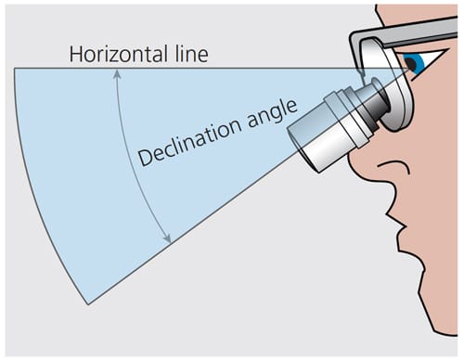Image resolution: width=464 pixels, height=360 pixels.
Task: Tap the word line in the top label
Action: point(192,54)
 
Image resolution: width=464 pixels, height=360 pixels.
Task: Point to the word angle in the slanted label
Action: point(272,114)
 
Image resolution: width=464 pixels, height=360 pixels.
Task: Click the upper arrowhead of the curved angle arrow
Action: point(117,73)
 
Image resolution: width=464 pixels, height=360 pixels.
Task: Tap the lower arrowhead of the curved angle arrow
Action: point(167,238)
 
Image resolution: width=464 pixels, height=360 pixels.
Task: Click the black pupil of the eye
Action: point(411,64)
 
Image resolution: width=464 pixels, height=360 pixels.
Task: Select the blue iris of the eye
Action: point(416,64)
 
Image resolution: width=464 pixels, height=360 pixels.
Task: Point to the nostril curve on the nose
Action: point(394,166)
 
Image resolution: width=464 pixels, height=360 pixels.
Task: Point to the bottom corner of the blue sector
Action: point(88,304)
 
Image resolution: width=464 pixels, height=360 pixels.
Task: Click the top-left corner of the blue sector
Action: point(15,69)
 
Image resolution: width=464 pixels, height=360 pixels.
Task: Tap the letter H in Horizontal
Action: point(76,54)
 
